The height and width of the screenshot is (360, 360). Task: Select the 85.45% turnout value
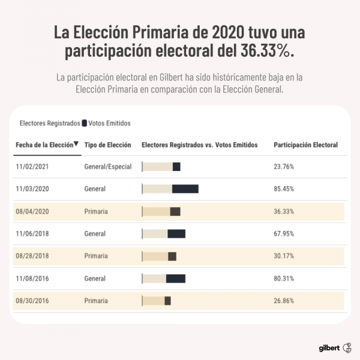click(x=284, y=189)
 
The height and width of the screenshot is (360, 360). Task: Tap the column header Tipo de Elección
click(x=107, y=145)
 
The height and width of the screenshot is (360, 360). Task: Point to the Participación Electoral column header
click(x=305, y=145)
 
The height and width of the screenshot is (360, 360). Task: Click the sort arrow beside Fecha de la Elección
click(x=77, y=144)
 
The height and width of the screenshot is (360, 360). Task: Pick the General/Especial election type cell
click(x=107, y=167)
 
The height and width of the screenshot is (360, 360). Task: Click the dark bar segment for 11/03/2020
click(x=185, y=189)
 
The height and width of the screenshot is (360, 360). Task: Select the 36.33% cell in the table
click(x=284, y=211)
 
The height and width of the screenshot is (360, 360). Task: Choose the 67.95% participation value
click(x=284, y=233)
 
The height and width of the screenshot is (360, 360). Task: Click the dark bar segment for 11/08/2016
click(x=176, y=278)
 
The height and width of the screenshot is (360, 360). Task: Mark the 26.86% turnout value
click(x=284, y=301)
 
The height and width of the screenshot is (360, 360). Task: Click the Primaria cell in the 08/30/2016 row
click(x=97, y=301)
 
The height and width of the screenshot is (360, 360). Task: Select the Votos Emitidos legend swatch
click(x=85, y=123)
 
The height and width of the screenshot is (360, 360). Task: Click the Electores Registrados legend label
click(x=49, y=123)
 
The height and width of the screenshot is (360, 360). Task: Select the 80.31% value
click(x=284, y=278)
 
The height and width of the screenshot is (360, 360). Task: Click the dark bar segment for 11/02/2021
click(x=176, y=167)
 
